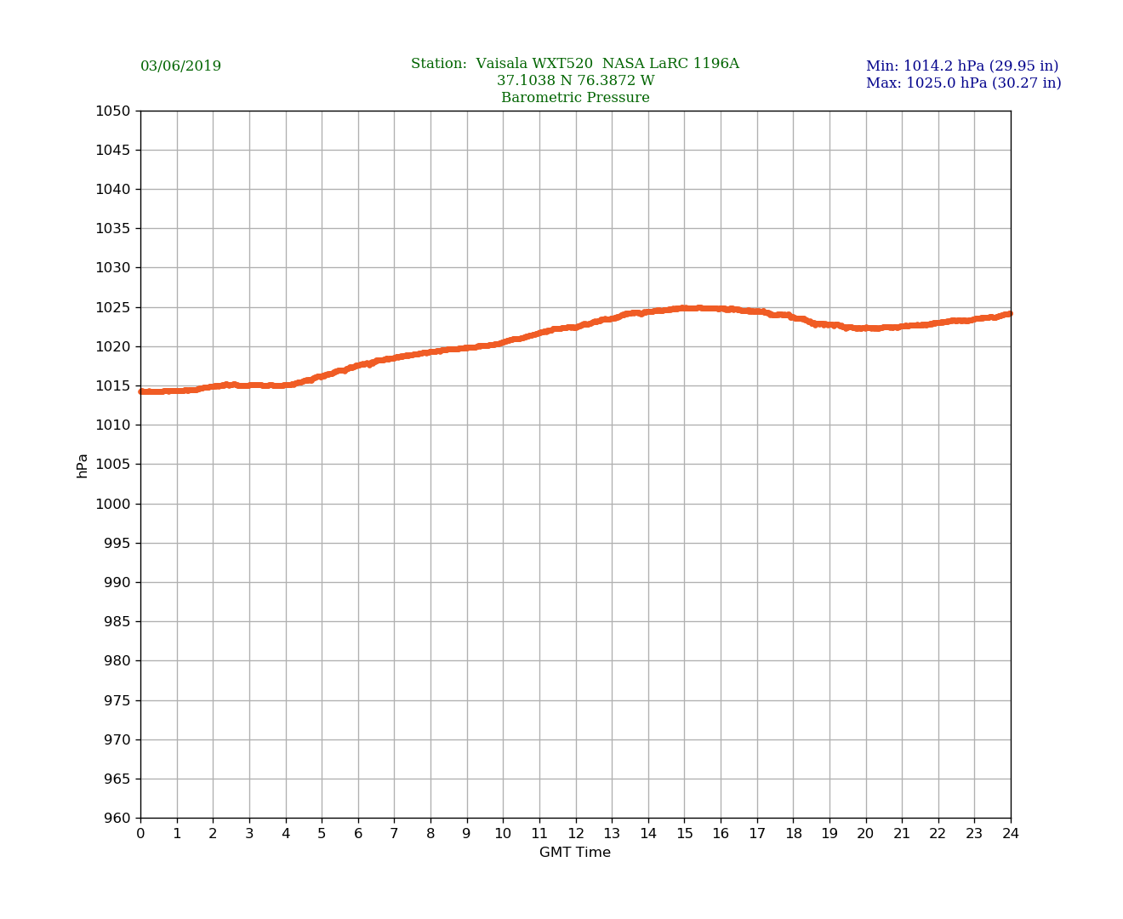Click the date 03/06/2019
[x=180, y=66]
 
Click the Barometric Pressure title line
[x=575, y=98]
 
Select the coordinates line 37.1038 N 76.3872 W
[x=575, y=81]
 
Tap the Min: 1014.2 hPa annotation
[x=961, y=66]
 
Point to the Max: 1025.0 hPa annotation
[x=963, y=83]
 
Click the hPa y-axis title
[x=83, y=465]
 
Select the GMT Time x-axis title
[x=575, y=853]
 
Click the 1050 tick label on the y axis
[x=113, y=111]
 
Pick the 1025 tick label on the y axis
[x=113, y=307]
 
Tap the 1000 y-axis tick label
[x=113, y=504]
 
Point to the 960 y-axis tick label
[x=117, y=819]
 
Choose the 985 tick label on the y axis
[x=117, y=622]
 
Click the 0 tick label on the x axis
[x=140, y=834]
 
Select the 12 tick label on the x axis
[x=576, y=834]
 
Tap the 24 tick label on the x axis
[x=1011, y=834]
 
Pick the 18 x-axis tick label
[x=793, y=834]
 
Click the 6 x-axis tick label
[x=358, y=834]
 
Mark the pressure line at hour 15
[x=684, y=308]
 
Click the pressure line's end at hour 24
[x=1010, y=314]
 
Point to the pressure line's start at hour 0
[x=141, y=391]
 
